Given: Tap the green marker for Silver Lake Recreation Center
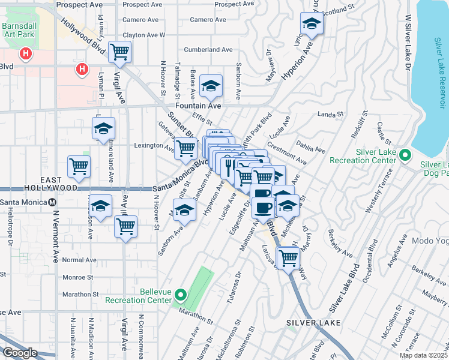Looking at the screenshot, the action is tap(405, 155).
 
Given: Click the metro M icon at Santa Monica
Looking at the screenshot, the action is tap(52, 202).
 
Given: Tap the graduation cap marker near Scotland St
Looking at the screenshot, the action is tap(312, 24).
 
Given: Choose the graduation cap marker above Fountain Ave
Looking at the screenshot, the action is tap(211, 87).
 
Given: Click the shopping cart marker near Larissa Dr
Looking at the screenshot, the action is tap(289, 257).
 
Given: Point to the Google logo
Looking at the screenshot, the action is tap(20, 353).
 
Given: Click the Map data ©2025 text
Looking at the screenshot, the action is tap(423, 355).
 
